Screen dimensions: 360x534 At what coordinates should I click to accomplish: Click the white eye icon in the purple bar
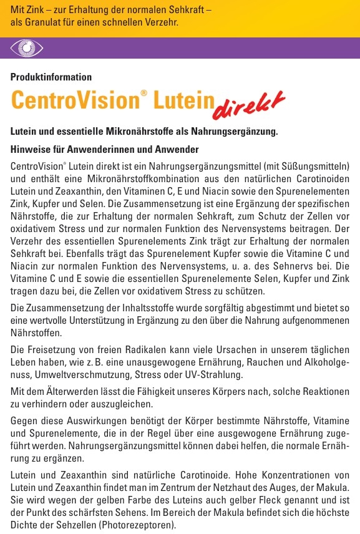26,48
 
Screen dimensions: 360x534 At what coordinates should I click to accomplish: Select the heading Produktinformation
51,77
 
